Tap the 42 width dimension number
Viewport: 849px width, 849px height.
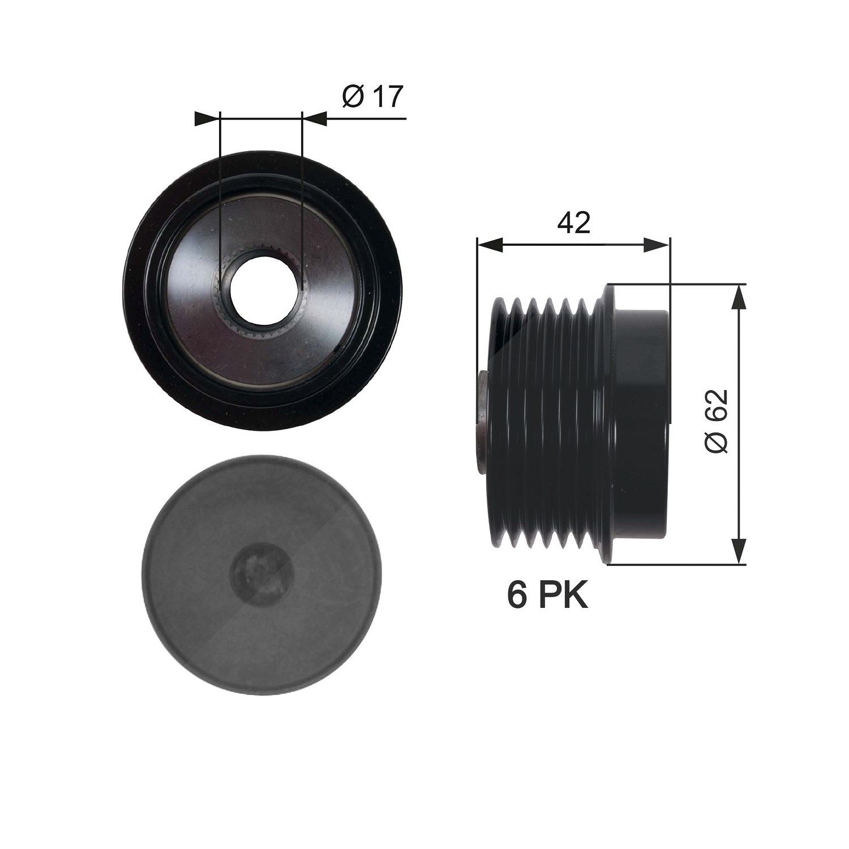[x=573, y=223]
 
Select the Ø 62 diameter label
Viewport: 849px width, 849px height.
[x=716, y=421]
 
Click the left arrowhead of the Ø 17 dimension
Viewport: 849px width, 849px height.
[x=206, y=118]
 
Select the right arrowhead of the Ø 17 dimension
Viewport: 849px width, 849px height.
[x=315, y=118]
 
